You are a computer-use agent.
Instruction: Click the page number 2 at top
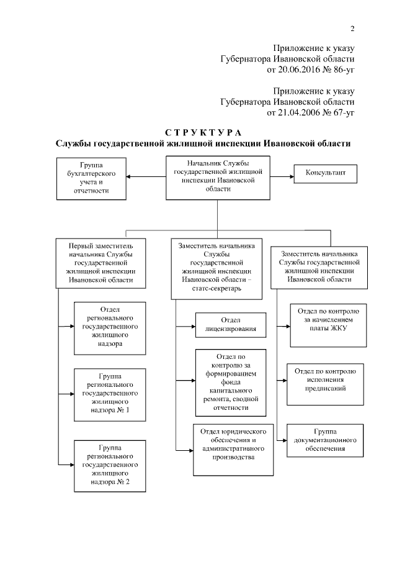352,28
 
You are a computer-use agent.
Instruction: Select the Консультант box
324,174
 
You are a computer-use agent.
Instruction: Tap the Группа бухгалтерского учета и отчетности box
92,178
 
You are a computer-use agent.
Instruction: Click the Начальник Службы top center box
218,178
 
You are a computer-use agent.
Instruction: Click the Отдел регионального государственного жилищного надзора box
110,326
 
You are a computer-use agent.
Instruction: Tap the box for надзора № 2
109,465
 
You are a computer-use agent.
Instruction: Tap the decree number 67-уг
342,112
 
